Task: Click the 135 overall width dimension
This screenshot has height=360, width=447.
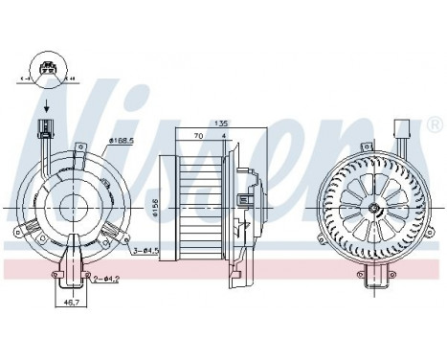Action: [x=221, y=123]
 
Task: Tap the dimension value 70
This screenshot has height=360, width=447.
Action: [x=197, y=137]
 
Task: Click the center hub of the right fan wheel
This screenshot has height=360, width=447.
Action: [x=369, y=205]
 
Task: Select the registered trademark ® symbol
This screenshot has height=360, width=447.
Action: [x=435, y=124]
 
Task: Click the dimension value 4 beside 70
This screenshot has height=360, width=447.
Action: [x=223, y=137]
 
